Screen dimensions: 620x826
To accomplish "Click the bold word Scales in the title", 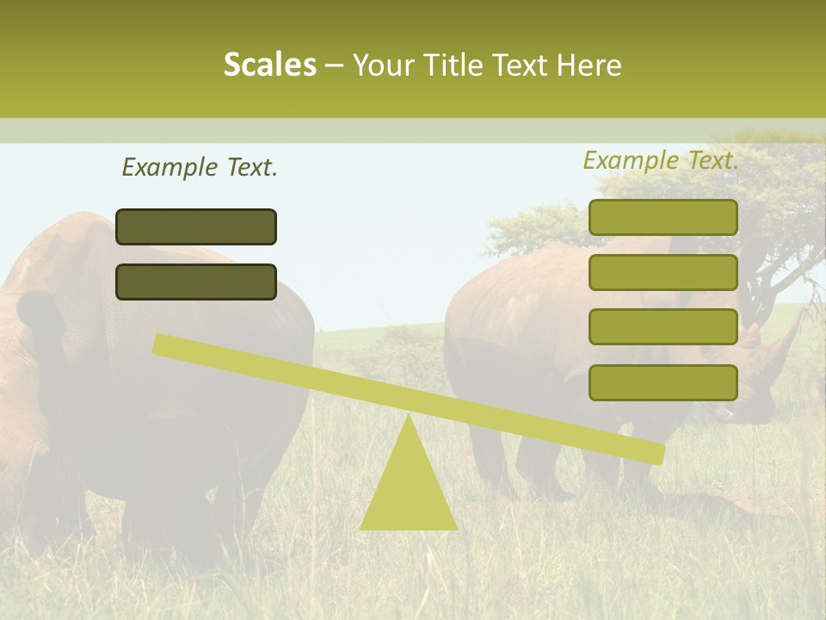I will pos(269,65).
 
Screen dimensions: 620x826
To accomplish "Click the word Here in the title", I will pos(589,65).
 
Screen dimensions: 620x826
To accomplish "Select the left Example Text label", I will pos(200,167).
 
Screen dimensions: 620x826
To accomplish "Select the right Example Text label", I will pos(661,160).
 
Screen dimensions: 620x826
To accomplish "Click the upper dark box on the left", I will pos(196,226).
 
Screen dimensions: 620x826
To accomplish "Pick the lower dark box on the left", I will pos(196,282).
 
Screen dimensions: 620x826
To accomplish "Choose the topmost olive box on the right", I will pos(663,217).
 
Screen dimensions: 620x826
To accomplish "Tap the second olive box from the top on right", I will pos(663,272).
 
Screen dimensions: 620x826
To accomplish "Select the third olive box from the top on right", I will pos(663,326).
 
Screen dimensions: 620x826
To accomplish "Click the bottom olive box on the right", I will pos(663,382).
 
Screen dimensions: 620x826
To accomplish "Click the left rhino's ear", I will pos(39,310).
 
